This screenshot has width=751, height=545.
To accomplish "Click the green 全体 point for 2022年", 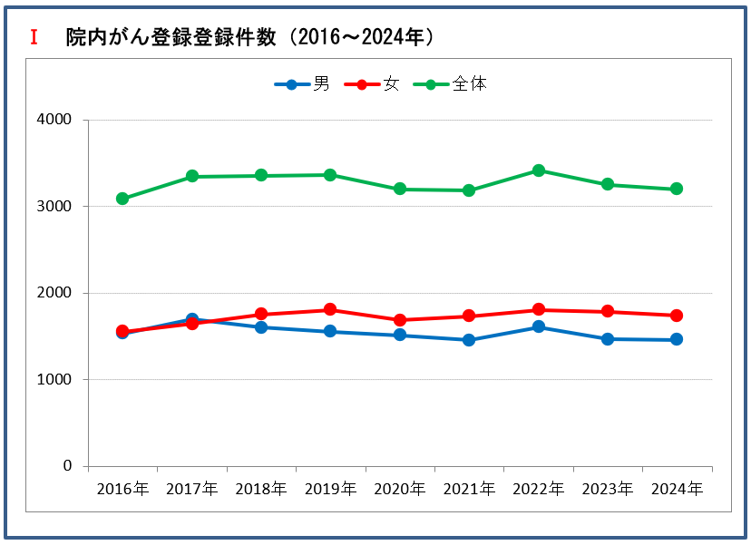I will [538, 170].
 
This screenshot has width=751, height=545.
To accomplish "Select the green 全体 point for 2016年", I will [122, 199].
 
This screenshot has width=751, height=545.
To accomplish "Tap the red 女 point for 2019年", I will [330, 309].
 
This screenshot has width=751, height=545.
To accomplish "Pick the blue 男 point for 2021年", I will [469, 340].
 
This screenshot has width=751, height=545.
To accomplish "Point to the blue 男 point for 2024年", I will [677, 339].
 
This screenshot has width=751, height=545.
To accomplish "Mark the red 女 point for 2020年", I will [400, 320].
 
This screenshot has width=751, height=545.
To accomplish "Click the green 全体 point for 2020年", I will [400, 190].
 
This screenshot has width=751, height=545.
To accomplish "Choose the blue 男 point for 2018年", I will [261, 327].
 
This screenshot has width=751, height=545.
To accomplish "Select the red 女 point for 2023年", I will [608, 311].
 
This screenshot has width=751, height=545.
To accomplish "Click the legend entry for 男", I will [303, 84].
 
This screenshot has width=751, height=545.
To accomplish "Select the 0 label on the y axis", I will [66, 466].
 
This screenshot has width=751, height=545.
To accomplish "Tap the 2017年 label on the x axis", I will [191, 489].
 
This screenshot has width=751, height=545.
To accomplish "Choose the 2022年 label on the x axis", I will [538, 489].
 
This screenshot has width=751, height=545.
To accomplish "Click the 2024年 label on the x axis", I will [677, 489].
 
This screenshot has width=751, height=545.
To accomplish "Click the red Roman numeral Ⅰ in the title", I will [34, 37].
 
